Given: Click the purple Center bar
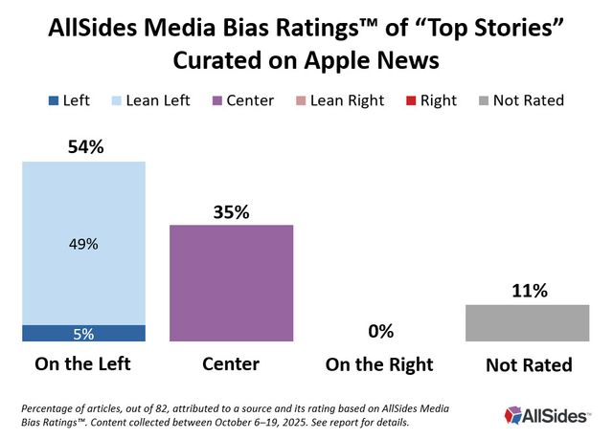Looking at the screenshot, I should (231, 283).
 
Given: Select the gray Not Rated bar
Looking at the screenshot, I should (528, 323).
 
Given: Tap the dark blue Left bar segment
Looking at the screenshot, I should (83, 333).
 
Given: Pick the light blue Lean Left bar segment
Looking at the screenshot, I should (83, 243).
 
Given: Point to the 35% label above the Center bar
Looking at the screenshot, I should (232, 212).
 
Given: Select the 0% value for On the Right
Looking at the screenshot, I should (380, 331).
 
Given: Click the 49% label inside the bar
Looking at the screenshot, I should (83, 244).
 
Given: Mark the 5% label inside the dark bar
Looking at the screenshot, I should (83, 334).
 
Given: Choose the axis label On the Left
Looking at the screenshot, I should (83, 364).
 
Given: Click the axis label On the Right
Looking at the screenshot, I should (380, 364).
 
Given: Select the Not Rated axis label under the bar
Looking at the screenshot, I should (529, 364).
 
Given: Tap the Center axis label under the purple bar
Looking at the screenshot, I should (232, 364).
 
